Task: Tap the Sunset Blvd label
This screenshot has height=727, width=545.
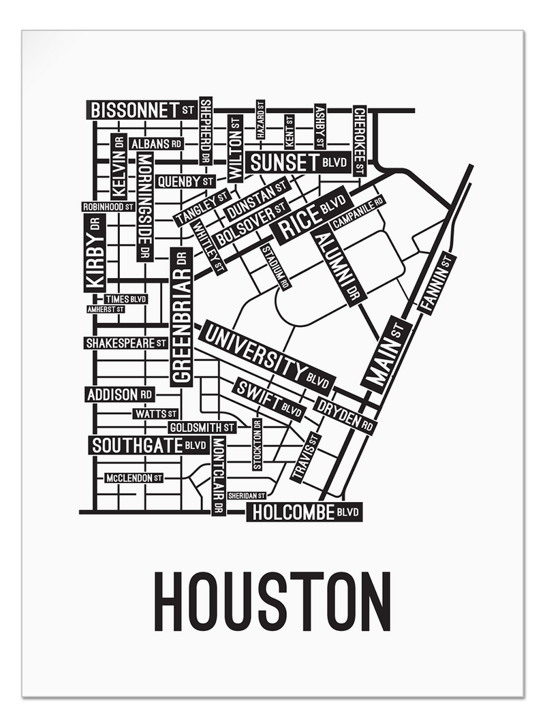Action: tap(298, 162)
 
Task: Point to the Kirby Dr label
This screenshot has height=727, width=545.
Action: tap(95, 253)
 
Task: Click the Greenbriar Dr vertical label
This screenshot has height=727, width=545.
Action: tap(181, 318)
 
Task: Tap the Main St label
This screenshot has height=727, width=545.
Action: tap(384, 354)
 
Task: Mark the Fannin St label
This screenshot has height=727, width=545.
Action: tap(437, 283)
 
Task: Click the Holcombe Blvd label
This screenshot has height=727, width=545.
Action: tap(304, 512)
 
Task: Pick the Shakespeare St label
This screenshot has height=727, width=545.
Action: tap(126, 343)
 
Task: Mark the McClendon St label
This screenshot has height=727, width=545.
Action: tap(134, 478)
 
